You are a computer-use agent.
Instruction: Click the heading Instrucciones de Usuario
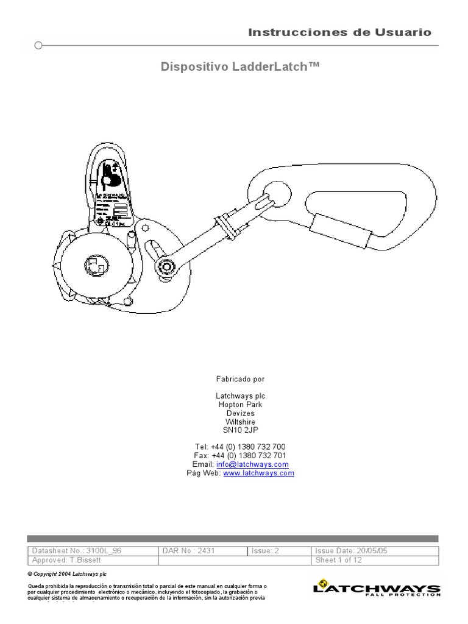(x=339, y=32)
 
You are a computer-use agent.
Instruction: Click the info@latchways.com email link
(x=256, y=464)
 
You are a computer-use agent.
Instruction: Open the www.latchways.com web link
(x=258, y=473)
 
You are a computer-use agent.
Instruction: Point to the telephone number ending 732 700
(x=239, y=447)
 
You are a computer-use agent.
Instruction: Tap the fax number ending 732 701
(x=239, y=456)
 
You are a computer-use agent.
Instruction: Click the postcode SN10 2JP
(x=241, y=430)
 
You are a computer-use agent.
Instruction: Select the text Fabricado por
(x=241, y=379)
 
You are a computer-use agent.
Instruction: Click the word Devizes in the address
(x=241, y=413)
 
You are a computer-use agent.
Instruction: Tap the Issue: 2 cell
(x=279, y=550)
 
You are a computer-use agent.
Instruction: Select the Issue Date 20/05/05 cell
(x=374, y=550)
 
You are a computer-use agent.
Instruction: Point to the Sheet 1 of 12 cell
(x=374, y=560)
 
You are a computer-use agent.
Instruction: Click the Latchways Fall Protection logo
(x=376, y=589)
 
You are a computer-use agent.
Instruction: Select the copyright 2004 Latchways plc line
(x=68, y=574)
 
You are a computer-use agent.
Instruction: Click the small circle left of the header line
(x=38, y=45)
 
